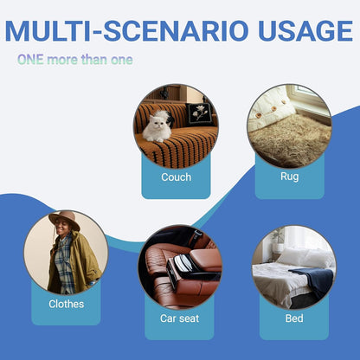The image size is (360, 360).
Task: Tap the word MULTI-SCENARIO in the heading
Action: pos(126,30)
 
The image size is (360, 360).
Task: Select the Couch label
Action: pos(177,177)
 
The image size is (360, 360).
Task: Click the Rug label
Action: pos(289,177)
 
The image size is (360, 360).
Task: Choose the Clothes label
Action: pos(67,304)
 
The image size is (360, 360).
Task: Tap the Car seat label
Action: pos(179,318)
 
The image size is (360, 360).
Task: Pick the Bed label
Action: pos(294,318)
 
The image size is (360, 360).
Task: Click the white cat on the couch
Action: pos(157,126)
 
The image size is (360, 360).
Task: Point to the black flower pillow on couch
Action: pos(200,114)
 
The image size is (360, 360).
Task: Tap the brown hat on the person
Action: pos(64,219)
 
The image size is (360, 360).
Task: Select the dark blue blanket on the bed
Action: pos(314,280)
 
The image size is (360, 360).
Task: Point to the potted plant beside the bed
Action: pos(278,241)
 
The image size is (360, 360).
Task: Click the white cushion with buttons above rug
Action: pos(270,109)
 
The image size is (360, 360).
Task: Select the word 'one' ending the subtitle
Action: pos(122,60)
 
